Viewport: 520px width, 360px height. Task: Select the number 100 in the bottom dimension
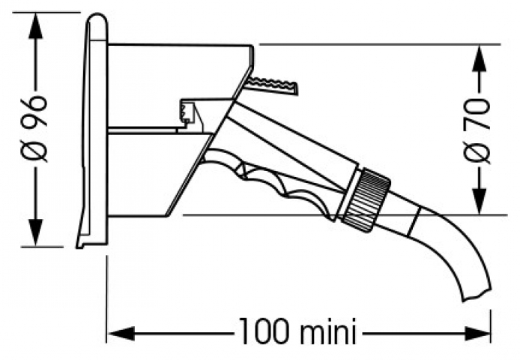coord(264,331)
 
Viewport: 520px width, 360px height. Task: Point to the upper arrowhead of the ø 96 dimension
coord(35,26)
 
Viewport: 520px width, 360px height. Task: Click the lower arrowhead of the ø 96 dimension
coord(35,232)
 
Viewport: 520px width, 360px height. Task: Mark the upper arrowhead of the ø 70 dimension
coord(479,58)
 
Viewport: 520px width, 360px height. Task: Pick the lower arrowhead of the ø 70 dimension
coord(479,201)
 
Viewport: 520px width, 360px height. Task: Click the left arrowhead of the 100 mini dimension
coord(121,333)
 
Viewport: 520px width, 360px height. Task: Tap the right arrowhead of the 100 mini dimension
coord(477,333)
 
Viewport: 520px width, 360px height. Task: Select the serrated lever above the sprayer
coord(272,86)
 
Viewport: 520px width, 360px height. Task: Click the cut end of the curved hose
coord(477,294)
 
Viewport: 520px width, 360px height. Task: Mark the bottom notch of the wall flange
coord(79,246)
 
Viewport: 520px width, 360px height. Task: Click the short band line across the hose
coord(414,222)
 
